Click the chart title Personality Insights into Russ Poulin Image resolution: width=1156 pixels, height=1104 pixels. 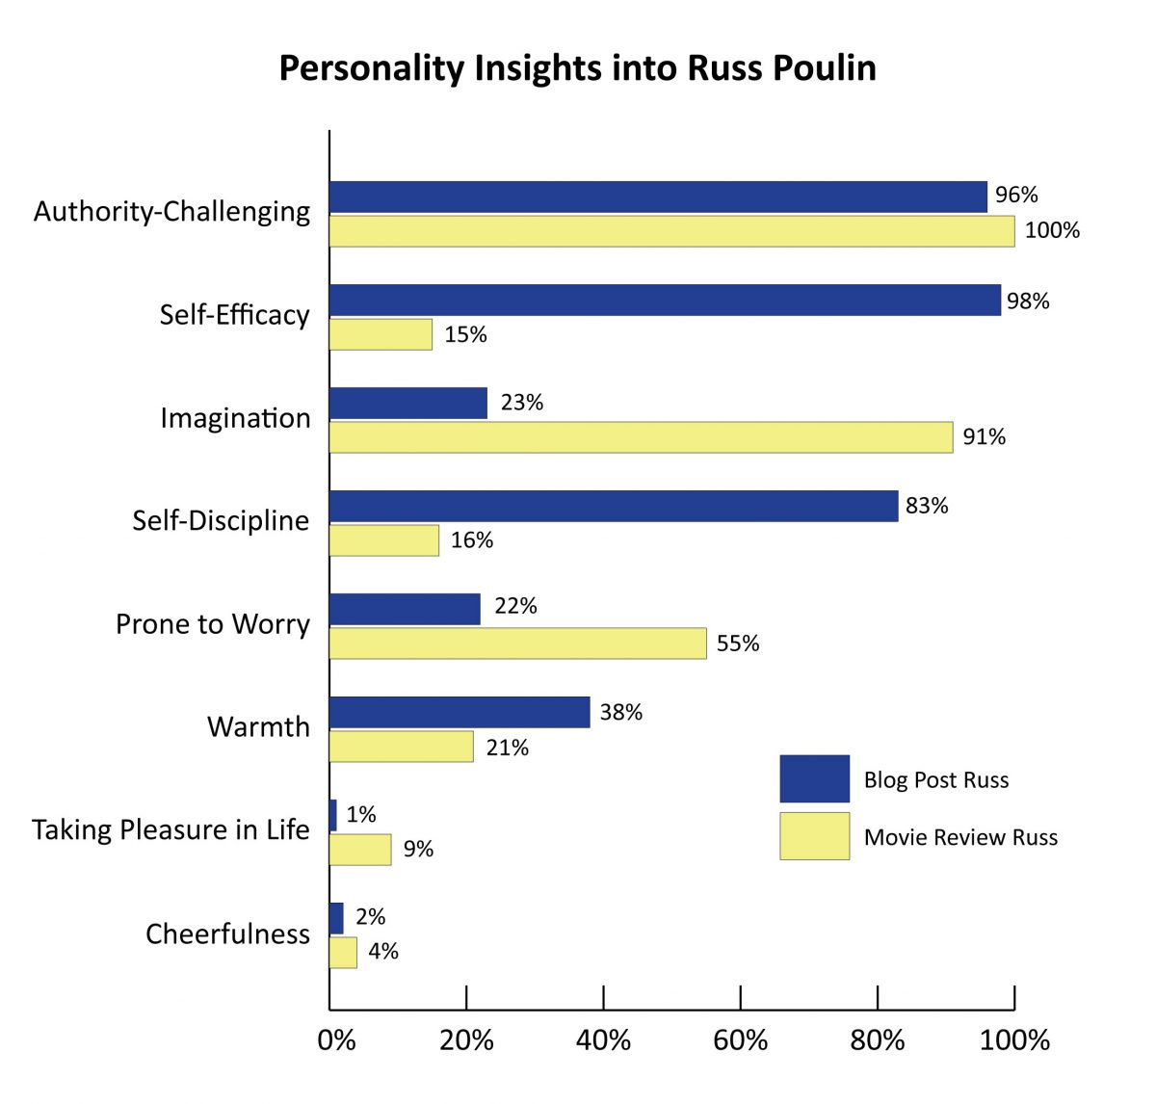pos(577,68)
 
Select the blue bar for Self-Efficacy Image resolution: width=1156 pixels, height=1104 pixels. pos(665,301)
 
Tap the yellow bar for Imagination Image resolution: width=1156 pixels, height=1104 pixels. pos(641,437)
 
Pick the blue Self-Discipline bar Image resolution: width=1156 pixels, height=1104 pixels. pos(614,506)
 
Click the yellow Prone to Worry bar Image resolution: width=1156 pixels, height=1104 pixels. pos(517,644)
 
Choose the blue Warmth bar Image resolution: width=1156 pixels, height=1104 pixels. pos(460,712)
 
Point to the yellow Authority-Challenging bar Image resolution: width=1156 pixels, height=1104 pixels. pos(671,231)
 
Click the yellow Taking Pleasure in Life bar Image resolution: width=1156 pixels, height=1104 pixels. pos(360,850)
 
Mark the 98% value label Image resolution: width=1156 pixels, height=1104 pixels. pos(1028,302)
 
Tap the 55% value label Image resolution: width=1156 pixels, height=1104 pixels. pos(738,644)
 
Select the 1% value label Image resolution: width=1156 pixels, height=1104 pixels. pos(361,815)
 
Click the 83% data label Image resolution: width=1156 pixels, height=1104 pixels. pos(927,506)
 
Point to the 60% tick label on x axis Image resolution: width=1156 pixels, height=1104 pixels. pos(740,1040)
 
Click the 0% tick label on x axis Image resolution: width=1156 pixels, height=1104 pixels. pos(336,1040)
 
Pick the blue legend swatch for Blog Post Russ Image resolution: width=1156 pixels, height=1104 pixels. pos(814,778)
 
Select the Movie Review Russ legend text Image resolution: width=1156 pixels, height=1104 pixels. pos(960,837)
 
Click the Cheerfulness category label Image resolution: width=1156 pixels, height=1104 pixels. pos(227,933)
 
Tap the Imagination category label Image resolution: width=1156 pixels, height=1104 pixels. pos(235,418)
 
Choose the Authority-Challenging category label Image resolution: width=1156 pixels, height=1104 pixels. pos(172,211)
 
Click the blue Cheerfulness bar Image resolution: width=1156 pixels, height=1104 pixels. pos(336,918)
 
